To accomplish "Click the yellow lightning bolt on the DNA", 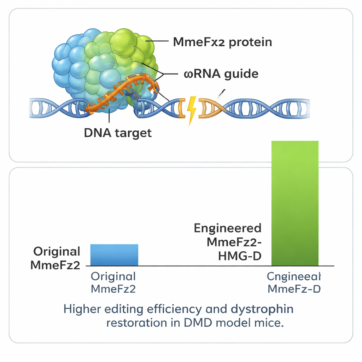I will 191,109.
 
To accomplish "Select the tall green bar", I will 295,203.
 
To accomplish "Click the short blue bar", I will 114,255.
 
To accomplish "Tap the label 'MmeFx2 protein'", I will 222,42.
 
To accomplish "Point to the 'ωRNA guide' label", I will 221,74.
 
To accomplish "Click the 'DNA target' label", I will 118,133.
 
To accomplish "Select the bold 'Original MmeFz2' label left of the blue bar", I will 56,258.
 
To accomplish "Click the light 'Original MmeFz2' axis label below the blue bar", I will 113,282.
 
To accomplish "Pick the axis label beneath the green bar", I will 294,282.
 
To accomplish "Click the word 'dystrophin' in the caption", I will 262,309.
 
